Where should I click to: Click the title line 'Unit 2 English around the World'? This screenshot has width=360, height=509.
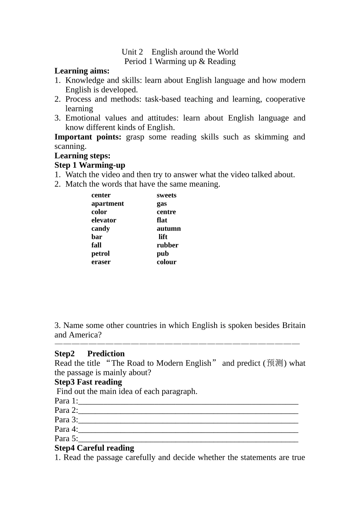(180, 52)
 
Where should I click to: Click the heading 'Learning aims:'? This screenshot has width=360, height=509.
(82, 71)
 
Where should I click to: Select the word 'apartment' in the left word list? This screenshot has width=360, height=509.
(108, 204)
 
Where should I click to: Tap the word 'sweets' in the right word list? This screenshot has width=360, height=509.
(166, 195)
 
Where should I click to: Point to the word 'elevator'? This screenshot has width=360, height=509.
(103, 220)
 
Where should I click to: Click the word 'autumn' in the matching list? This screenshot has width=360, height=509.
(169, 229)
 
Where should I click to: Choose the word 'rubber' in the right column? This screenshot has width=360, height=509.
(167, 245)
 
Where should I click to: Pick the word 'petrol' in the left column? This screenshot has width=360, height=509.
(100, 254)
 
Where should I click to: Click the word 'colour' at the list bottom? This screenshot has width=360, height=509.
(166, 262)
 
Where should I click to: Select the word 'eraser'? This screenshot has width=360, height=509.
(101, 262)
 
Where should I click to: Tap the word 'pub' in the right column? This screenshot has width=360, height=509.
(163, 254)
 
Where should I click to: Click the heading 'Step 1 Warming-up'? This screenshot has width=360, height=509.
(90, 165)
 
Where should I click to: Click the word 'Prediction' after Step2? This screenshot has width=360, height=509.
(106, 354)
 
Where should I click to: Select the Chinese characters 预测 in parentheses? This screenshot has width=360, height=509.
(275, 363)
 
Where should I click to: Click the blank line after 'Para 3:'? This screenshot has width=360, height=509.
(188, 420)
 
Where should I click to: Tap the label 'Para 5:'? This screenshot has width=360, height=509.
(66, 439)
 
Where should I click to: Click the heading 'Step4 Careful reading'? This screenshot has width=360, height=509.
(94, 448)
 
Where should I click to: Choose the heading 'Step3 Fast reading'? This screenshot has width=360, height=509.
(88, 382)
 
